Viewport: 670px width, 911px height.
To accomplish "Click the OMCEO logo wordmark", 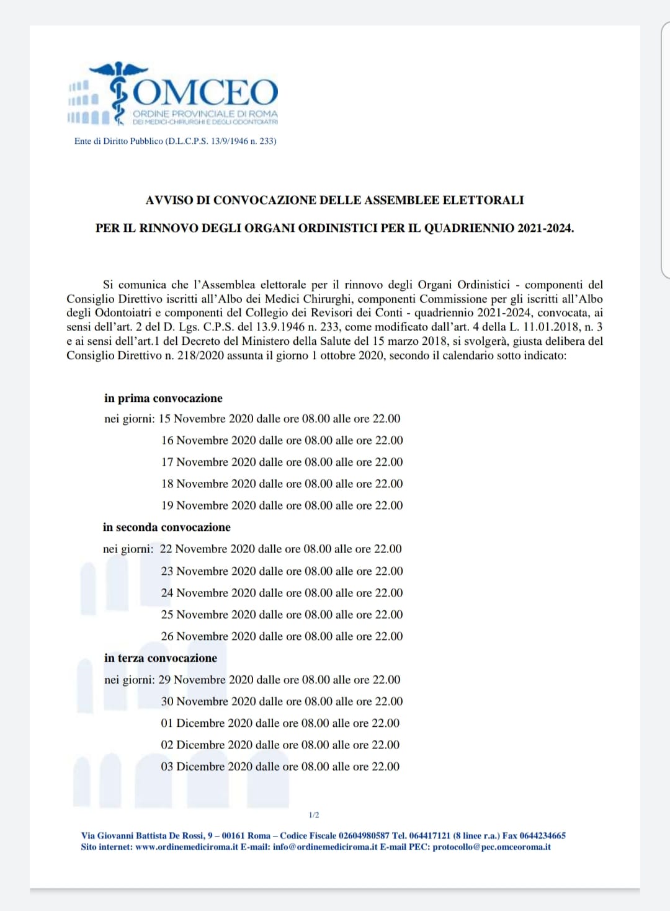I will [205, 92].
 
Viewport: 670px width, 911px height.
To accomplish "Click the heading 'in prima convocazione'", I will [163, 398].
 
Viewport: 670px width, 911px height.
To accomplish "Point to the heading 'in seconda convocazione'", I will [166, 527].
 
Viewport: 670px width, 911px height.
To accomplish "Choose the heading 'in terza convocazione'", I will [161, 658].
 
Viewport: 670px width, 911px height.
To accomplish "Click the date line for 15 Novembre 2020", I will [279, 419].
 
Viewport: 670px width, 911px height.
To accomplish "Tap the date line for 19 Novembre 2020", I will [282, 505].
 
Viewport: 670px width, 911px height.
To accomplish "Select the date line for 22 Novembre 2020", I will [280, 549].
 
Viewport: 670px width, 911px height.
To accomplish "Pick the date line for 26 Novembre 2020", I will [282, 636].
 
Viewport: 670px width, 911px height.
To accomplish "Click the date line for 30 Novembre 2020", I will [282, 701].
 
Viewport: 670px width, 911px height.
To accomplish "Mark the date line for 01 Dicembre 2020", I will [280, 723].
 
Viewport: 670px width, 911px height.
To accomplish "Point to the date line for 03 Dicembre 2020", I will [280, 767].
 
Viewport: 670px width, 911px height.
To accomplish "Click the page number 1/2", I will [314, 815].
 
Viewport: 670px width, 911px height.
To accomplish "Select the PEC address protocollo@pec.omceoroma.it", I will [491, 847].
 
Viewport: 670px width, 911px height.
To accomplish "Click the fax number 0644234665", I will [542, 836].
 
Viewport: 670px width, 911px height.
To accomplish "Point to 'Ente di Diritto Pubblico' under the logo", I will [118, 141].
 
